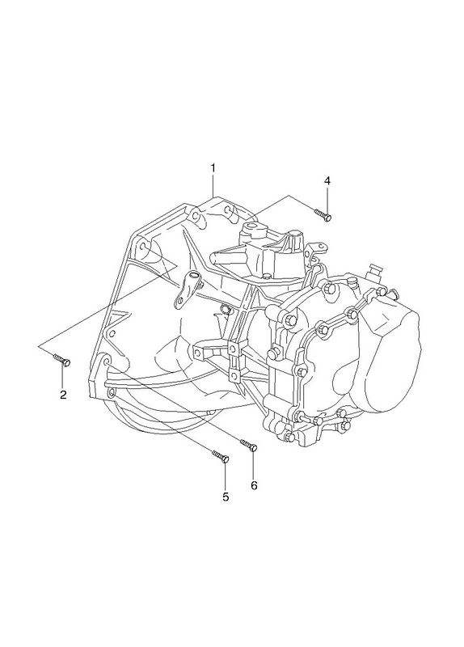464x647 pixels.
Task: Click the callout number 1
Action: (x=213, y=168)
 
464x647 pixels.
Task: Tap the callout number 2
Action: (x=63, y=395)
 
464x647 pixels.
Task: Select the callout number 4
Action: (x=327, y=180)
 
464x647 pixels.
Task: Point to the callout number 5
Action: (x=226, y=497)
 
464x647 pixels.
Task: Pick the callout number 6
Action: (x=254, y=485)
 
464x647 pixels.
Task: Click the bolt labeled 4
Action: (x=323, y=214)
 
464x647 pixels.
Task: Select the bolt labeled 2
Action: (x=62, y=360)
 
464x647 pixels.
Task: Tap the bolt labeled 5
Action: (x=221, y=456)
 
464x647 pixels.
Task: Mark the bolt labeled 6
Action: (x=249, y=445)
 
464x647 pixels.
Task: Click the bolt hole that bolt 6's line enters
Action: (x=107, y=362)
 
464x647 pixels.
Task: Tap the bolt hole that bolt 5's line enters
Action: (x=110, y=393)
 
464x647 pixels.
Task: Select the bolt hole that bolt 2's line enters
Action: (x=144, y=247)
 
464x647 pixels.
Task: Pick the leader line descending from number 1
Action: (x=213, y=185)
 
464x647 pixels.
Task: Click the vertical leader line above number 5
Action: (x=226, y=477)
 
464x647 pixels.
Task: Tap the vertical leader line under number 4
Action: (x=327, y=200)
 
